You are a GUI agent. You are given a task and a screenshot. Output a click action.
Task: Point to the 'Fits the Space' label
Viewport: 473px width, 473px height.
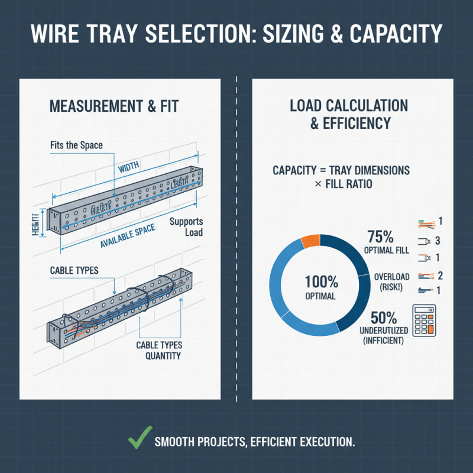[76, 144]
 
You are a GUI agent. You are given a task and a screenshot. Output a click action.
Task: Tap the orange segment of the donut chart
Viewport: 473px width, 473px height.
[310, 241]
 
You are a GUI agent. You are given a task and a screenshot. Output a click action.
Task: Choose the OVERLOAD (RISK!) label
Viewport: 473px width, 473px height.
[393, 281]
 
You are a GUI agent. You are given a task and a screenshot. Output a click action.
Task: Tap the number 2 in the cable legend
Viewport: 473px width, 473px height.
[440, 275]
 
